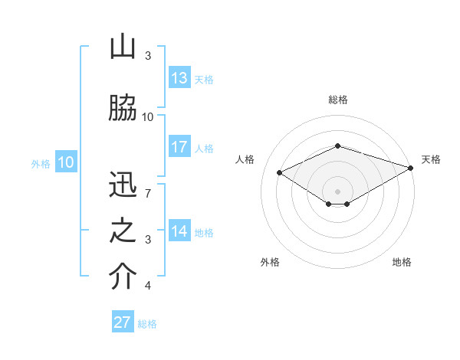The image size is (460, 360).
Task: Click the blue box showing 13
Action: [179, 78]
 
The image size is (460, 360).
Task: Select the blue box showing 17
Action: [179, 147]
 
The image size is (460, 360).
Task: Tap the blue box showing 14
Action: [179, 231]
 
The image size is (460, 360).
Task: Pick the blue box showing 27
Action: [123, 322]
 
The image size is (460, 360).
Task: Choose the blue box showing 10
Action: [66, 162]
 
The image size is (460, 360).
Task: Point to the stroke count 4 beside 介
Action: [148, 286]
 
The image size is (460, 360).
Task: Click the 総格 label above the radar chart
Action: [338, 100]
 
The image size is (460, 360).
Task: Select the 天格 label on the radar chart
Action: [431, 159]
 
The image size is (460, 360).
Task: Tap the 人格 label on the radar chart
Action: [245, 159]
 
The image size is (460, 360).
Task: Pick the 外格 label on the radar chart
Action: [270, 262]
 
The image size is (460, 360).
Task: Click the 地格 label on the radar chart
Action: [402, 262]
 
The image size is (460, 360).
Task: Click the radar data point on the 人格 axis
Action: [280, 172]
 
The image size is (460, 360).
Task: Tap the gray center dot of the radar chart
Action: [337, 190]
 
